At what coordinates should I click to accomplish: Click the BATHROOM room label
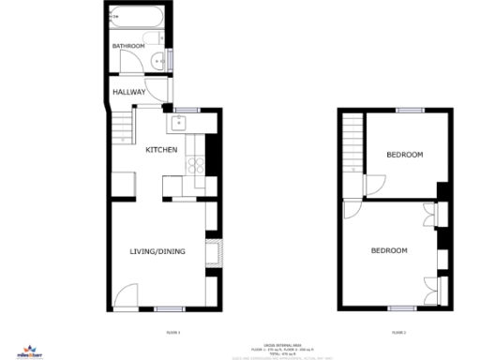[128, 46]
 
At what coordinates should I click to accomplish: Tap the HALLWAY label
[128, 92]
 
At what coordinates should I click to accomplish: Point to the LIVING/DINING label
[157, 251]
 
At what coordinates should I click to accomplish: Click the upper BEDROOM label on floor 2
[404, 155]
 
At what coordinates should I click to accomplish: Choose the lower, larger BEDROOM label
[389, 250]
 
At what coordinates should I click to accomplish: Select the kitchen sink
[180, 122]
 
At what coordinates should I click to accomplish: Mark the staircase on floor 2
[352, 141]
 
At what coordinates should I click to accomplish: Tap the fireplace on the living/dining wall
[217, 251]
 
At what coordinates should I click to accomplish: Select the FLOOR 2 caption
[399, 333]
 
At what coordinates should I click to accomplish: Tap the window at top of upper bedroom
[407, 111]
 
